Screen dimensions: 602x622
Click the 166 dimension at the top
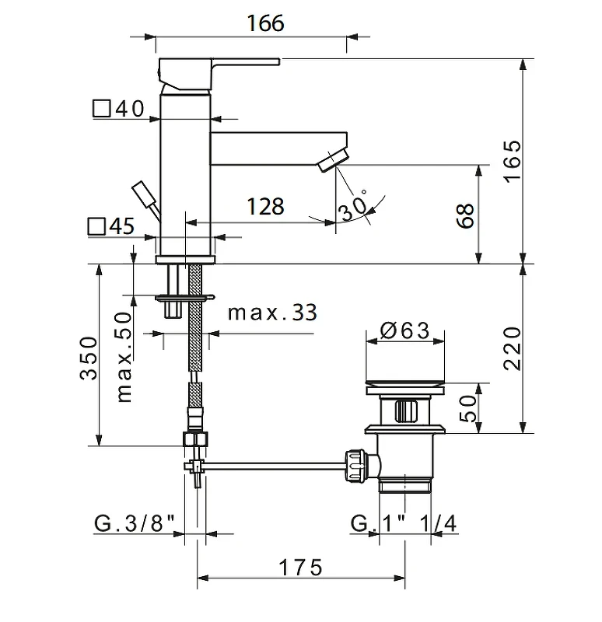click(265, 23)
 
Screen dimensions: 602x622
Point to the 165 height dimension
click(513, 162)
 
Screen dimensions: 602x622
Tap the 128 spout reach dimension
click(265, 206)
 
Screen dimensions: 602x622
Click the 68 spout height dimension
click(465, 216)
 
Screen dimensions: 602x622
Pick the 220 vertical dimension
click(513, 348)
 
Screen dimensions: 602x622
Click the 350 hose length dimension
click(88, 358)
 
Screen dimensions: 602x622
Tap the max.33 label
click(273, 313)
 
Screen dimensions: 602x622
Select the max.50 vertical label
click(124, 358)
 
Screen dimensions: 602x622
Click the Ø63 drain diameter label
click(404, 330)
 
